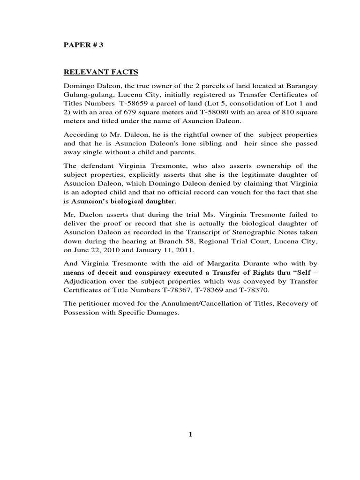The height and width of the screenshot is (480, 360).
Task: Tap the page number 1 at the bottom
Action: click(x=190, y=435)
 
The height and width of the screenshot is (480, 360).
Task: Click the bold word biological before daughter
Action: click(x=126, y=202)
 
